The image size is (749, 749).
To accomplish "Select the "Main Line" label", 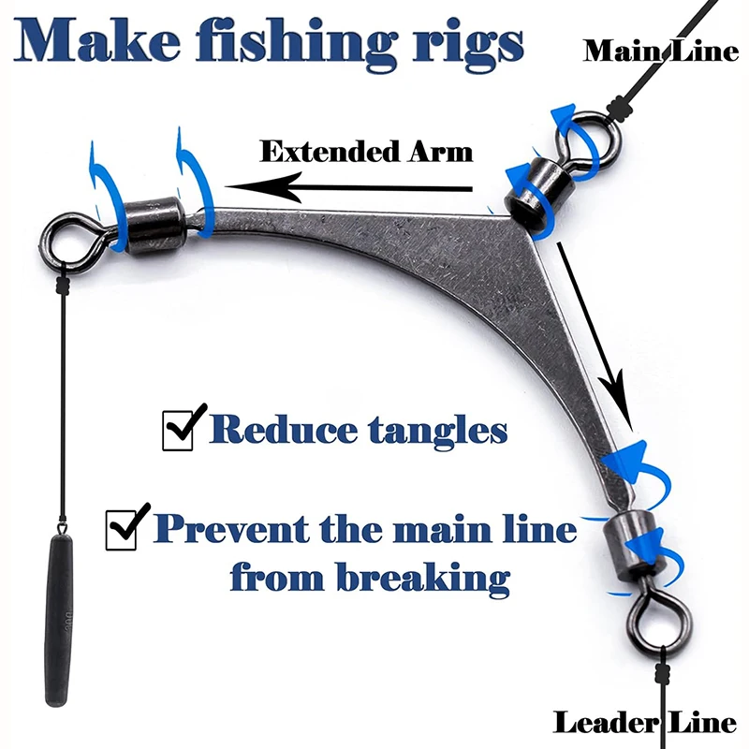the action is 661,50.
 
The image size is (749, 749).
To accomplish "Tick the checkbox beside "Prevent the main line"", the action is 126,528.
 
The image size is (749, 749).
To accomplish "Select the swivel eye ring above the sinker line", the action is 69,238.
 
